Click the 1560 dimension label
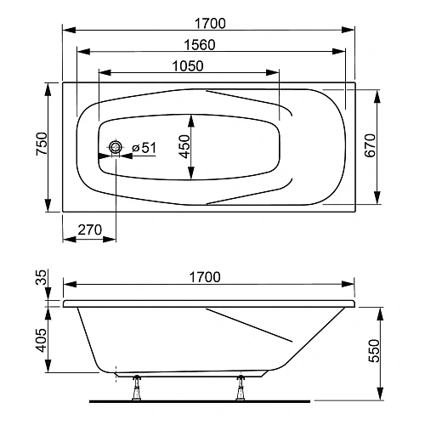(200, 45)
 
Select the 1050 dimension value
(188, 66)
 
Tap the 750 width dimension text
(42, 144)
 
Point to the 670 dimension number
(370, 145)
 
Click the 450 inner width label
(184, 146)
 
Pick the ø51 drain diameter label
(144, 148)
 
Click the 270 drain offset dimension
(89, 229)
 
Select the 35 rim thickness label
(41, 277)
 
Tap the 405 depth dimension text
(42, 340)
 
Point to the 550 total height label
(374, 350)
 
